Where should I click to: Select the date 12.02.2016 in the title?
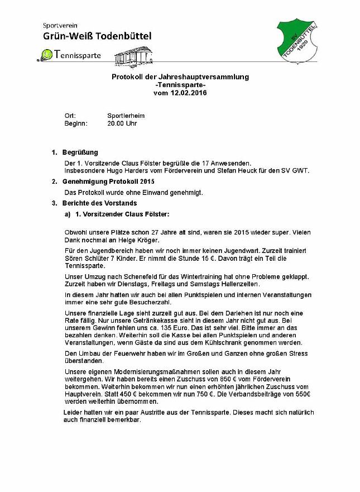click(188, 93)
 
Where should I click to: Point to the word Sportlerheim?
click(126, 116)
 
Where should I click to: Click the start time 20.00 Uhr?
click(122, 123)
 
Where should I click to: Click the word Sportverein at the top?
click(60, 25)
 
